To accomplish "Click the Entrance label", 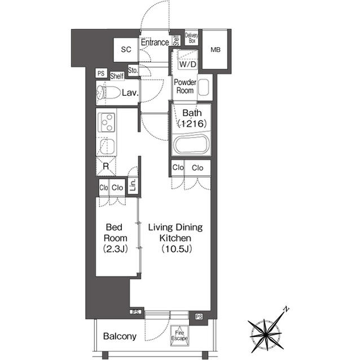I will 155,42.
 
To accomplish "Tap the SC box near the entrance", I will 126,50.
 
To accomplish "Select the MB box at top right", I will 215,50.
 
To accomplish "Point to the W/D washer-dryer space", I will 187,63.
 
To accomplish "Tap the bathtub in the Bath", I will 191,144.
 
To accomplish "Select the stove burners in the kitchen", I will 107,122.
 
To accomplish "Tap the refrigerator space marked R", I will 105,166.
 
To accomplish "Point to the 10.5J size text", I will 175,248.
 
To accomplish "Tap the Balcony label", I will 120,337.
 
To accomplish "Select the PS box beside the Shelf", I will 101,73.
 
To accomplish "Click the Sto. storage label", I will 133,71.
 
